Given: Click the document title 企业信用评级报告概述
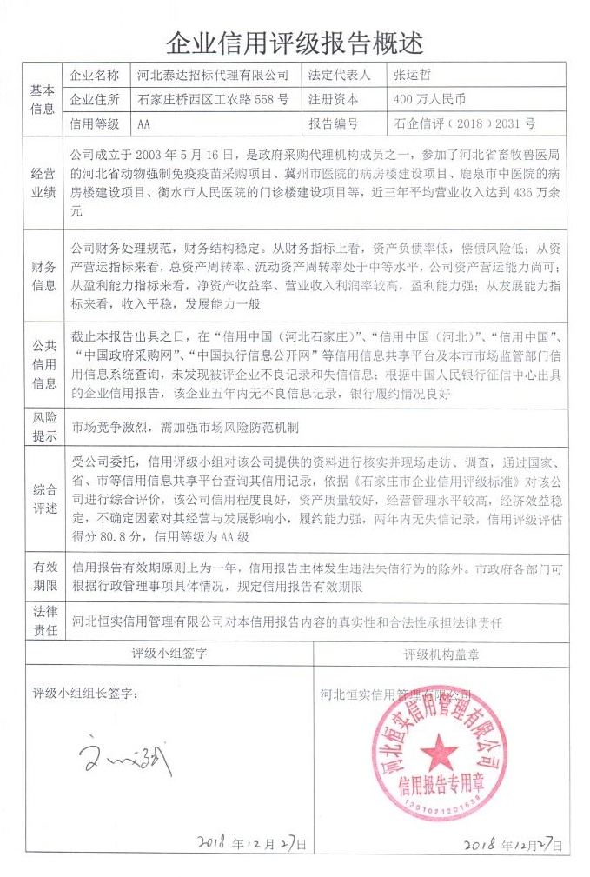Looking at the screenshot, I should pos(295,41).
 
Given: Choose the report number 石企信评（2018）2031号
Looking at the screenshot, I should pos(465,123).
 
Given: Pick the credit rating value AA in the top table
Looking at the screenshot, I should pos(144,123).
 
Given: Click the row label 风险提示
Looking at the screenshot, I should pos(43,426).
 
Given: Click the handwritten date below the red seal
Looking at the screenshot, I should pos(514,844).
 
